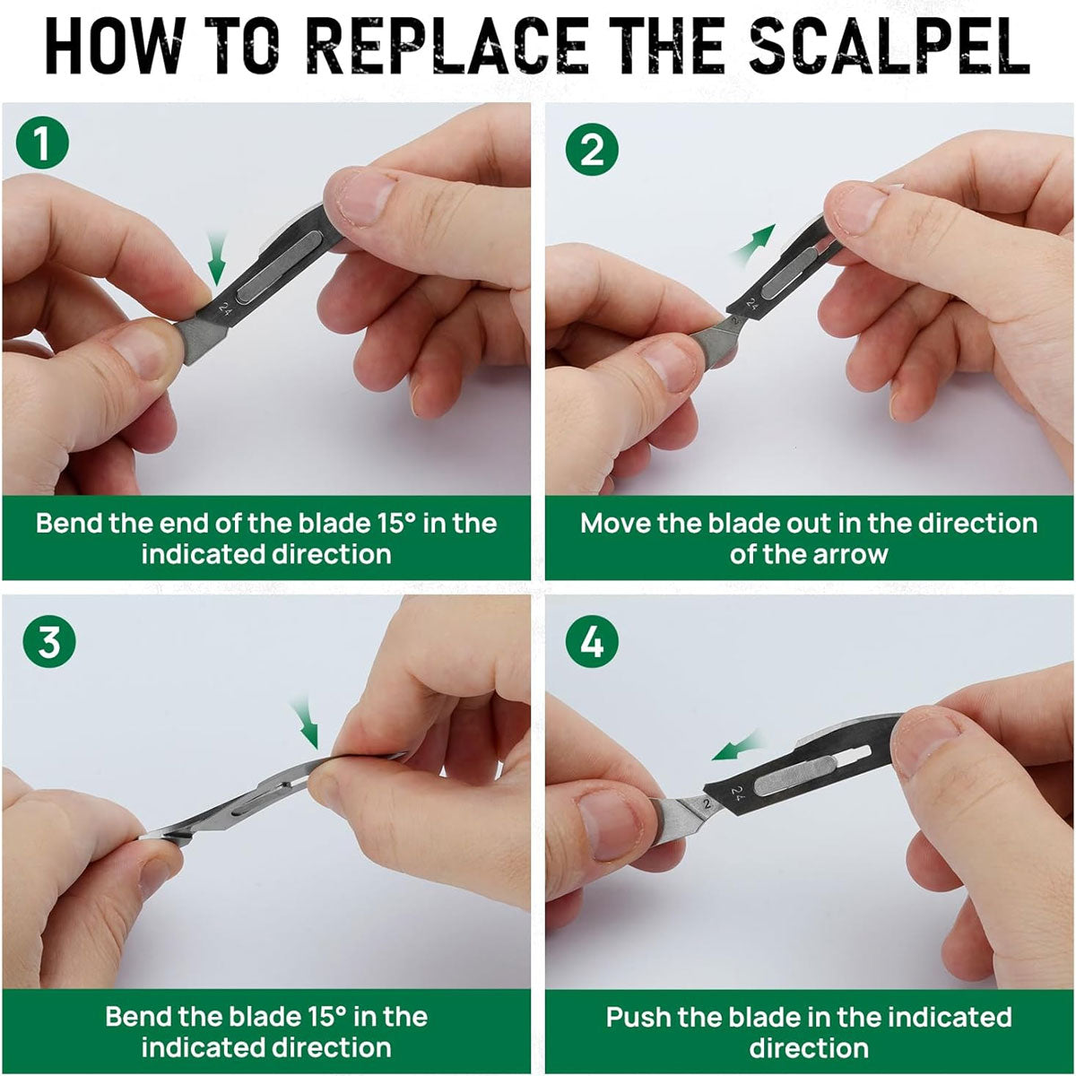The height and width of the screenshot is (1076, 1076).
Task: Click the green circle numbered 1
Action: (42, 143)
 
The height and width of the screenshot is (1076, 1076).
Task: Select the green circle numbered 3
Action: (49, 641)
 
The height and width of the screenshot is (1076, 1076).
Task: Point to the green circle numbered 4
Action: (592, 643)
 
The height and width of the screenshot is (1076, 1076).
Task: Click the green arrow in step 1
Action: (216, 259)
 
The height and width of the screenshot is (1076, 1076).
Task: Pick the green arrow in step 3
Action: (305, 723)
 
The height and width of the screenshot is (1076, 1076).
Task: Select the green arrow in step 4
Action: (736, 747)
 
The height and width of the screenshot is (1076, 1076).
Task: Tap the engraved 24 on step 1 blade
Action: (225, 308)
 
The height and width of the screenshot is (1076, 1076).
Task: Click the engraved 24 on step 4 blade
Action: (738, 794)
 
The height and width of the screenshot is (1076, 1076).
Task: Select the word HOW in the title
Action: (115, 47)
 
